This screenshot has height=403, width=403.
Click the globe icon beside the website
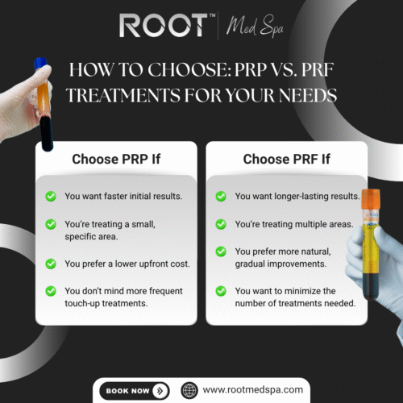pos(189,390)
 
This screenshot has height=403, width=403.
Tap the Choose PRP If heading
pos(116,159)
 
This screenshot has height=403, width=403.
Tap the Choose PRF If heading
pos(287,159)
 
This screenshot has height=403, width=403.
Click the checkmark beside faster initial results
pos(51,196)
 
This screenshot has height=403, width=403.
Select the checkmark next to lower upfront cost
pos(51,263)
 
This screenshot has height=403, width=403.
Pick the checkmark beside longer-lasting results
pos(221,196)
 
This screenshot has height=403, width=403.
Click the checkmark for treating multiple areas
pos(221,219)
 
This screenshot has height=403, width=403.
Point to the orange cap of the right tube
pos(370,199)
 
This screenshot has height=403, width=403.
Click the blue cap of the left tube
pos(38,62)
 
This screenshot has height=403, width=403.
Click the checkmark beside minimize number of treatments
pos(221,290)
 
